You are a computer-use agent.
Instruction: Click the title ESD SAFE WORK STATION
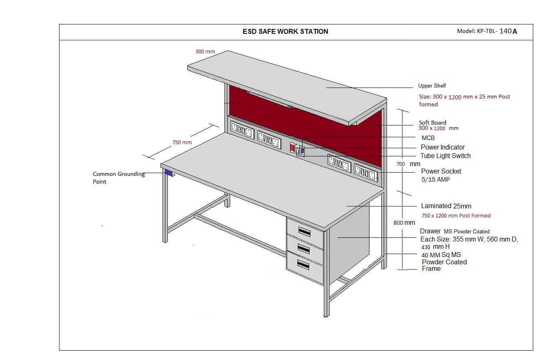pos(285,31)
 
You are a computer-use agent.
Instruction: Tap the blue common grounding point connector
pos(169,173)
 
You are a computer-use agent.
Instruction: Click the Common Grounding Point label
pos(119,178)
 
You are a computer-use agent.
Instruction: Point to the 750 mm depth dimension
pos(182,143)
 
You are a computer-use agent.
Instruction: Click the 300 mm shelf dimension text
pos(205,52)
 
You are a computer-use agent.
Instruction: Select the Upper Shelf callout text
pos(432,86)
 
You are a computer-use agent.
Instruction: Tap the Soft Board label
pos(433,123)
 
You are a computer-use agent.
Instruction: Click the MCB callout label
pos(428,138)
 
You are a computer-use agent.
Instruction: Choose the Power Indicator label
pos(442,147)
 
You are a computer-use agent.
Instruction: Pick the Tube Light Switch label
pos(445,156)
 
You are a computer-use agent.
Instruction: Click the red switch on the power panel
pos(292,147)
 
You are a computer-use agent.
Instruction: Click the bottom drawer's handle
pos(305,265)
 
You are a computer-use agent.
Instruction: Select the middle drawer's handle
pos(305,248)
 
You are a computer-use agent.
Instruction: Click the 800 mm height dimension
pos(404,222)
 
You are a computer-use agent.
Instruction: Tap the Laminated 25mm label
pos(446,206)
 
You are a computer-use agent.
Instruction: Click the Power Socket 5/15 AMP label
pos(441,175)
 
